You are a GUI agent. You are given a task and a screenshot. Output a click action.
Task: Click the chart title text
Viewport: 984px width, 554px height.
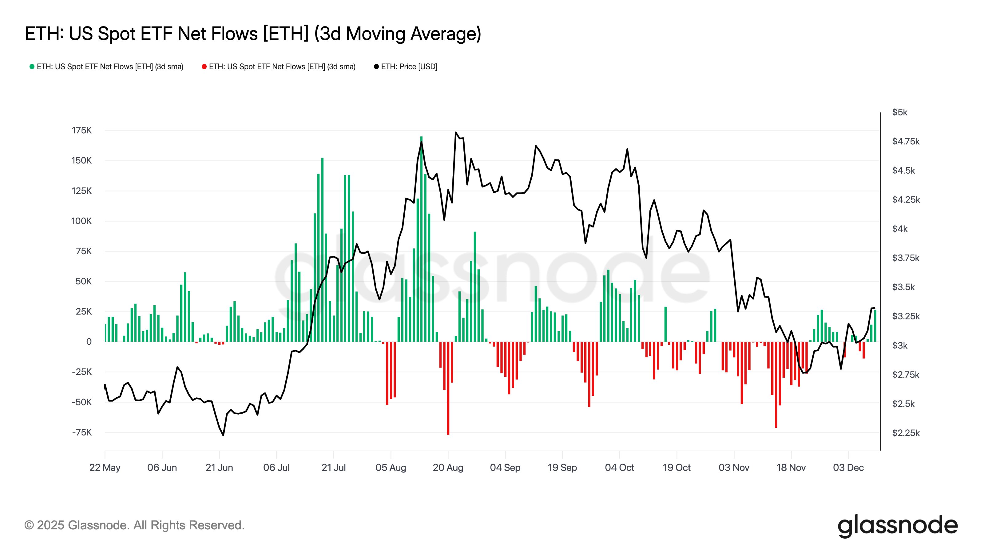click(x=252, y=34)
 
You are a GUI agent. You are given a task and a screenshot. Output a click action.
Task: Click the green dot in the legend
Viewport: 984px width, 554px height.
click(x=32, y=66)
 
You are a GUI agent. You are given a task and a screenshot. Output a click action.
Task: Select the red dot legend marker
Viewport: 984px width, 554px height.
click(x=204, y=66)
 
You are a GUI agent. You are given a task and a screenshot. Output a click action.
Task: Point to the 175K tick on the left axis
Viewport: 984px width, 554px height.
click(x=82, y=130)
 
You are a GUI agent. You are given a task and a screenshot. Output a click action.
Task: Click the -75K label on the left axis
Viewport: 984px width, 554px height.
click(x=82, y=432)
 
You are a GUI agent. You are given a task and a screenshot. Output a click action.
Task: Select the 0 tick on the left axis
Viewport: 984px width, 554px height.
click(x=89, y=342)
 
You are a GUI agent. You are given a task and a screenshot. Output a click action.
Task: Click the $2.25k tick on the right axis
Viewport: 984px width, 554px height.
click(x=906, y=433)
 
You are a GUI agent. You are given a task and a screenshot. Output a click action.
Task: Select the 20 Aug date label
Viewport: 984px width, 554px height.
click(x=448, y=468)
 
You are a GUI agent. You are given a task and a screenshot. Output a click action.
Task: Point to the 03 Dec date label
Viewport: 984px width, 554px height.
click(x=848, y=468)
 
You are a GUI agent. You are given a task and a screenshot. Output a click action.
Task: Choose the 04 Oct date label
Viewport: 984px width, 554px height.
click(x=619, y=468)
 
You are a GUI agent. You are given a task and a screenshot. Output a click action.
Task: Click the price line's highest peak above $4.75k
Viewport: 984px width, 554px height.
click(x=456, y=133)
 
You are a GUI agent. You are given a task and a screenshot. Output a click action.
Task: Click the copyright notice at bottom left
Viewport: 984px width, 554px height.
click(x=134, y=525)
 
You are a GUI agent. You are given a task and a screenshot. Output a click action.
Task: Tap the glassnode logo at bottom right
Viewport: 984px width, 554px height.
click(x=897, y=526)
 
